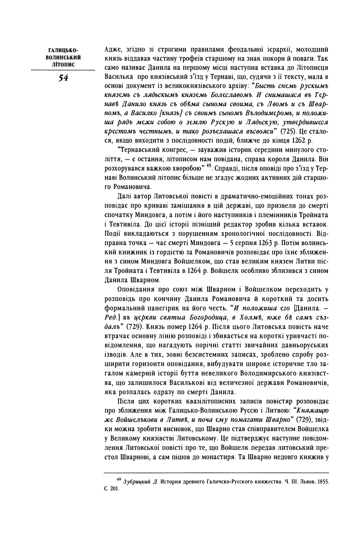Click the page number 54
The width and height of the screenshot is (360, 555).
coord(63,78)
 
